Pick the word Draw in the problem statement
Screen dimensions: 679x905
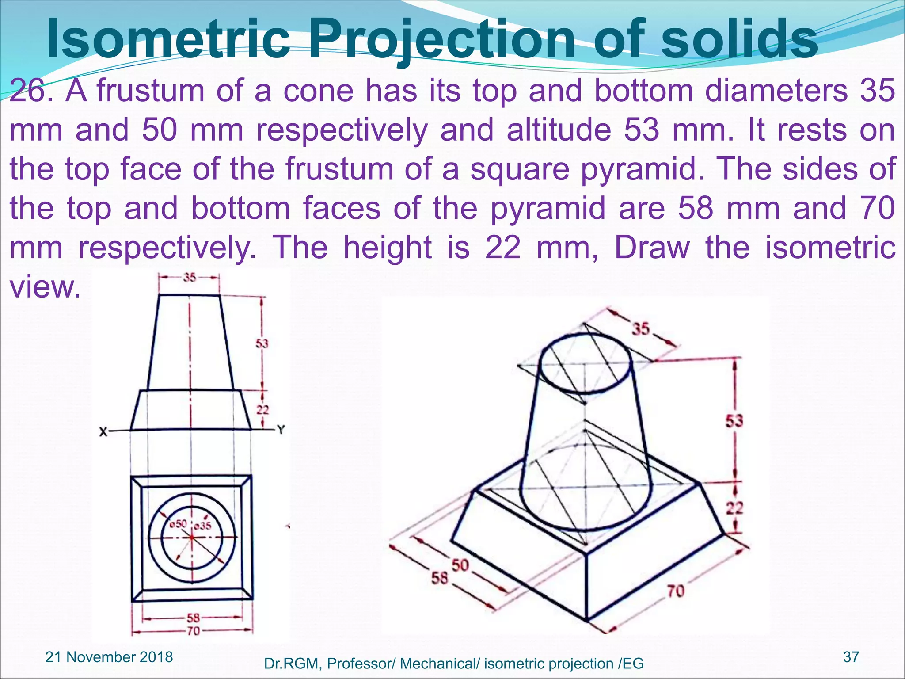pyautogui.click(x=652, y=248)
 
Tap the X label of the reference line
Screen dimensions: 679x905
pyautogui.click(x=103, y=431)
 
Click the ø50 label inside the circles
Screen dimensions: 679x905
pyautogui.click(x=179, y=524)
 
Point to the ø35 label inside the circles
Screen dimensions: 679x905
pyautogui.click(x=203, y=526)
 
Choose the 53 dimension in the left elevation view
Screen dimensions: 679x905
pyautogui.click(x=262, y=343)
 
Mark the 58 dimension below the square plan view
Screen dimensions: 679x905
pyautogui.click(x=193, y=618)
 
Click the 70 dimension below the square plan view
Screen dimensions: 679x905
pyautogui.click(x=193, y=631)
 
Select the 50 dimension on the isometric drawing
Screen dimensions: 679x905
pyautogui.click(x=460, y=565)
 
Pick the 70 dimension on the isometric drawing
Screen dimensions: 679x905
pyautogui.click(x=676, y=591)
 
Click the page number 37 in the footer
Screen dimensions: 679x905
pyautogui.click(x=851, y=657)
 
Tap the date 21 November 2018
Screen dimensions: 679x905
pyautogui.click(x=109, y=657)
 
